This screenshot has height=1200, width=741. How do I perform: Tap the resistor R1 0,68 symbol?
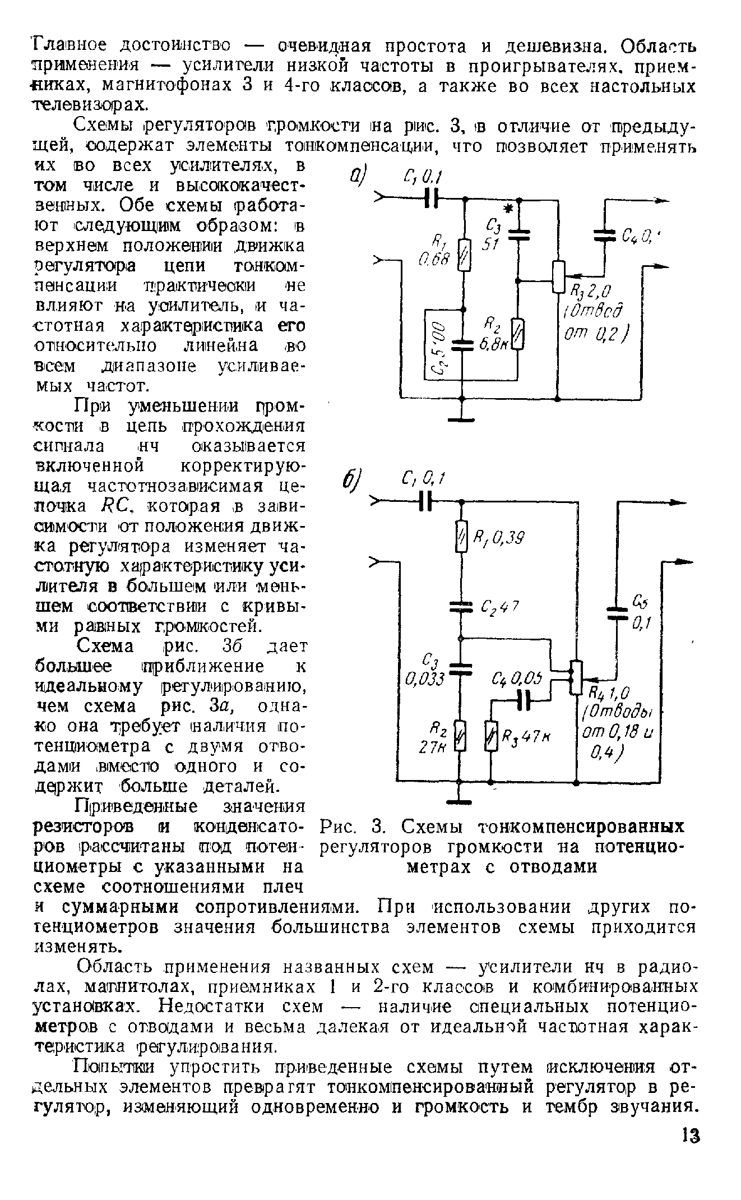tap(465, 255)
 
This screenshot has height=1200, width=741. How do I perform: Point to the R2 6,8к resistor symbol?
tap(518, 334)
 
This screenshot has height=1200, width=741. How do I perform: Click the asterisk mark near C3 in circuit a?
tap(508, 209)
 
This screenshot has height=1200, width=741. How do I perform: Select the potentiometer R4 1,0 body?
tap(576, 677)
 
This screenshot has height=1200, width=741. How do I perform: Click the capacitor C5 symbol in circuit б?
tap(617, 611)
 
